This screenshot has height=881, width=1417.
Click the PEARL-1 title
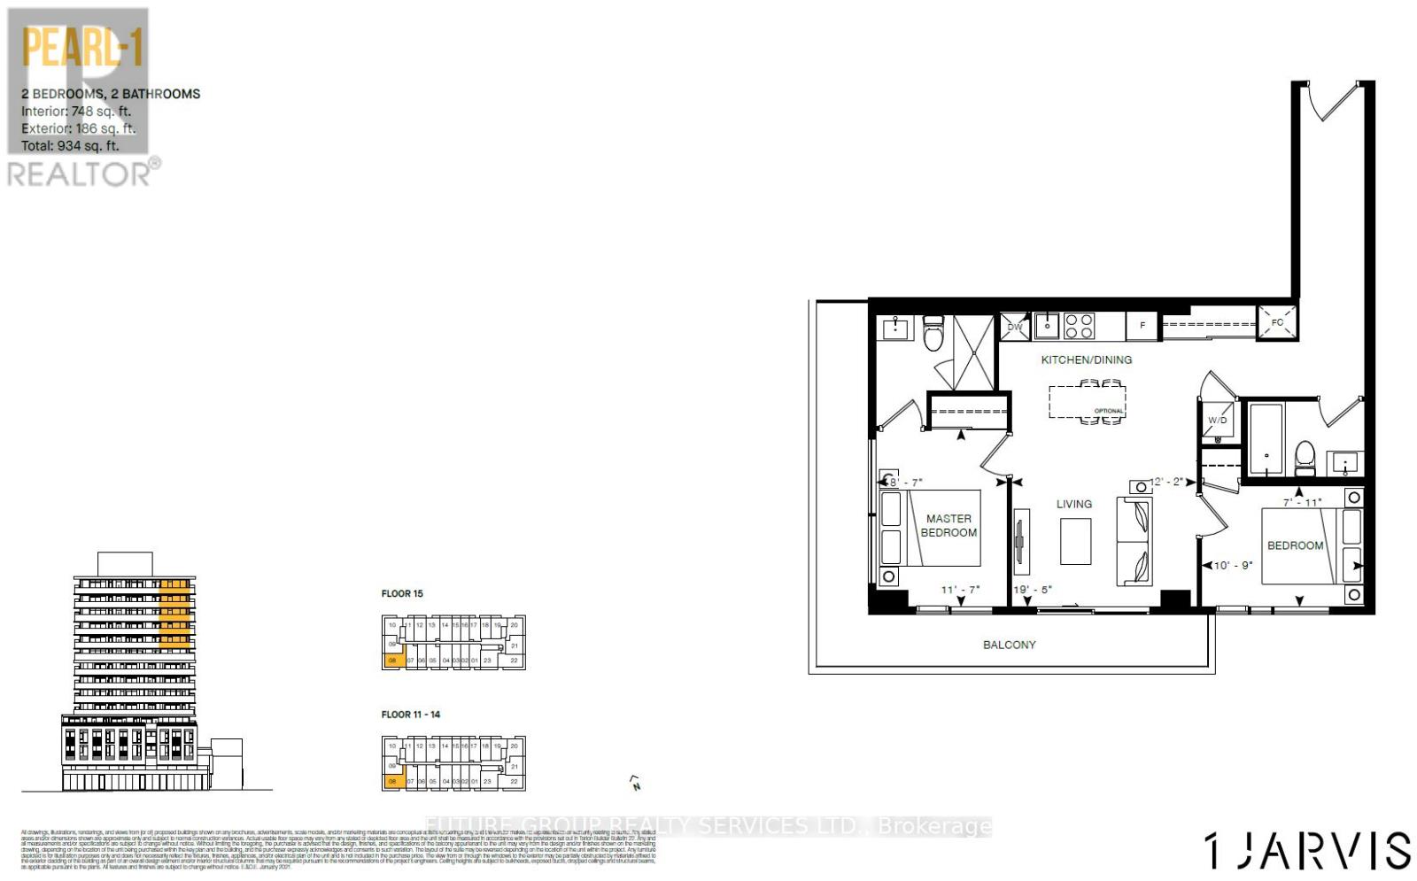pos(82,48)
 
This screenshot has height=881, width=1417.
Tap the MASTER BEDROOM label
pos(949,526)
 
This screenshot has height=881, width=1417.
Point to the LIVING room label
pos(1073,504)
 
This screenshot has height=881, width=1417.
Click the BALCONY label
pos(1009,645)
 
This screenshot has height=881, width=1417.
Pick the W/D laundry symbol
pos(1219,421)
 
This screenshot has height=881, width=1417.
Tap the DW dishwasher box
pos(1015,327)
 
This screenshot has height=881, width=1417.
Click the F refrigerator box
pos(1142,326)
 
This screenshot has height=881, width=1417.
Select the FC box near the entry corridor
pos(1277,322)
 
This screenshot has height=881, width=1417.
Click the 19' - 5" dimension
pos(1033,590)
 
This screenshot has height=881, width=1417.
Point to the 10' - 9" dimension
pos(1233,565)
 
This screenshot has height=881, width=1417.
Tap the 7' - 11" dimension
pos(1302,502)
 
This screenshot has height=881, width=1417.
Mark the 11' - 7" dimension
pos(960,590)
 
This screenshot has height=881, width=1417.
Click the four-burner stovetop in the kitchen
pos(1079,326)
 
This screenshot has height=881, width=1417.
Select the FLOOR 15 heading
pos(402,593)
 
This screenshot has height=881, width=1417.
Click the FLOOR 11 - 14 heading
pos(411,715)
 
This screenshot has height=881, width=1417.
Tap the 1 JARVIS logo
pos(1307,850)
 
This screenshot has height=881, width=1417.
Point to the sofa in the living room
pos(1134,541)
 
